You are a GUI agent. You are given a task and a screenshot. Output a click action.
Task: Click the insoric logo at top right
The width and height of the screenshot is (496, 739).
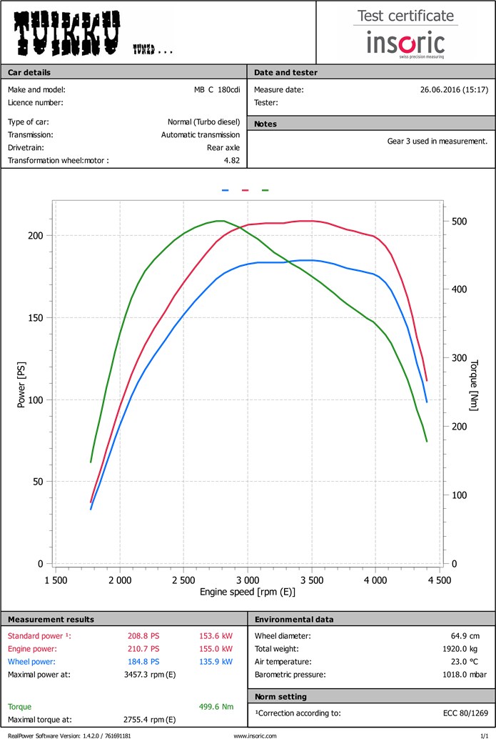click(405, 44)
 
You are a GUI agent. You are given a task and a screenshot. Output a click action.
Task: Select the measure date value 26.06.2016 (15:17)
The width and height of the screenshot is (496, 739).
click(454, 90)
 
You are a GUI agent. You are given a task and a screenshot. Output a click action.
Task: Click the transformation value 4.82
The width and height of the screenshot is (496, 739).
click(232, 161)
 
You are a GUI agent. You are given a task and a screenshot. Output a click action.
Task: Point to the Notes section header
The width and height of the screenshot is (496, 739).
click(265, 124)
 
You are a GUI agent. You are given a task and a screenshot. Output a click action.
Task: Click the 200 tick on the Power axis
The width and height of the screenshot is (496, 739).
click(35, 236)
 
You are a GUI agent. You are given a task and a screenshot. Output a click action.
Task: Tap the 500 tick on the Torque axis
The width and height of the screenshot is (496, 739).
click(459, 222)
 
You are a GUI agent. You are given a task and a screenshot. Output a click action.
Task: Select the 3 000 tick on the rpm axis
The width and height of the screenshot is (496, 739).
click(248, 580)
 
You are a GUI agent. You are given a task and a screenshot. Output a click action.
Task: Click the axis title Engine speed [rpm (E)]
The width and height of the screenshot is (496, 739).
click(248, 592)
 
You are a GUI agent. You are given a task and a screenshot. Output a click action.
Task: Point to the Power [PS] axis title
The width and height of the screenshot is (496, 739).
click(21, 383)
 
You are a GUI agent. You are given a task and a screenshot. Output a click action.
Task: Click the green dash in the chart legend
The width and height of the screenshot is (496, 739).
click(265, 191)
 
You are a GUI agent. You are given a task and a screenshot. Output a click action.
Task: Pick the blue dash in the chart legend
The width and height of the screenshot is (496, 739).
click(226, 191)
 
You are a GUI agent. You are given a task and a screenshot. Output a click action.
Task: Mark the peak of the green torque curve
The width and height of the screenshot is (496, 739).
click(221, 221)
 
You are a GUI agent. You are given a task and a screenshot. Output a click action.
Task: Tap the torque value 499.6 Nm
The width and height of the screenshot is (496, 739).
click(216, 707)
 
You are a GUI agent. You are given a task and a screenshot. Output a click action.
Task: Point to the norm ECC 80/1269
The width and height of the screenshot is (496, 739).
click(464, 713)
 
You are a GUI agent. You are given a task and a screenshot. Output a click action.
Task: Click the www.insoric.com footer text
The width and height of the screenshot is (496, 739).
click(255, 735)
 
